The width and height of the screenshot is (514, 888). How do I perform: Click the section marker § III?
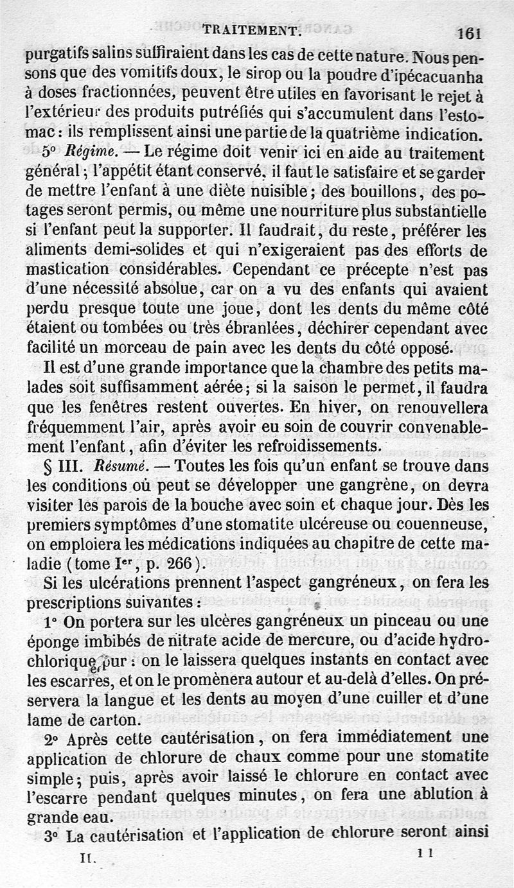point(66,466)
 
